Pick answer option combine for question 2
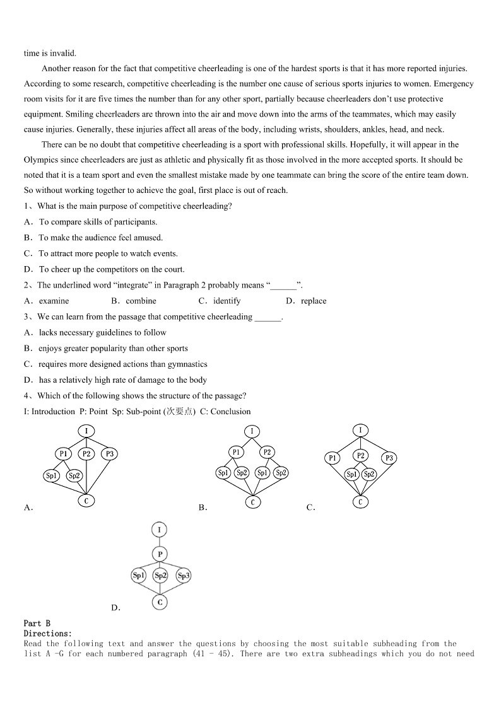[x=141, y=301]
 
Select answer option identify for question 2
[x=227, y=301]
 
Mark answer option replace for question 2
[x=314, y=301]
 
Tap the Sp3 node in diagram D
[x=184, y=575]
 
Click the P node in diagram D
[x=160, y=554]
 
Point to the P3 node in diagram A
[x=109, y=454]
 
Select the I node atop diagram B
[x=252, y=431]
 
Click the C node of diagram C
[x=360, y=502]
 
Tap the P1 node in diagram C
[x=333, y=458]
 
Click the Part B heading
[x=37, y=624]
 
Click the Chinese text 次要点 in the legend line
[x=180, y=412]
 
